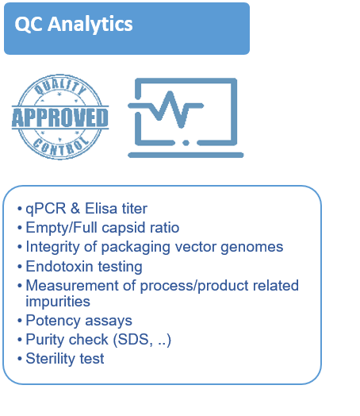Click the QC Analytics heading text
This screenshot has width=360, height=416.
point(74,25)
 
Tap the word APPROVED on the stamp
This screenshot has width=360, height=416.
point(59,118)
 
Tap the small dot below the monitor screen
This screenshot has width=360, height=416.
point(183,143)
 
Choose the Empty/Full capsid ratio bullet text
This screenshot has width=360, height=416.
point(102,228)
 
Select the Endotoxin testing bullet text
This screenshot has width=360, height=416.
point(84,266)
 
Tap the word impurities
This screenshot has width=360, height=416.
point(58,301)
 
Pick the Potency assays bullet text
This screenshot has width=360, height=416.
point(79,321)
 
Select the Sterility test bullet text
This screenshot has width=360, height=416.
point(64,359)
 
